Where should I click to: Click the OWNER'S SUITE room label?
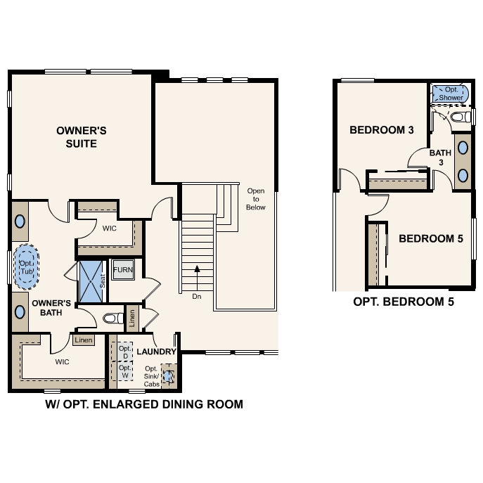coord(81,136)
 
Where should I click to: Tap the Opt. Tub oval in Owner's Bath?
coord(27,266)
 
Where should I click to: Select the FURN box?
coord(122,269)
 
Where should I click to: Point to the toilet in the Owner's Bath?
coord(112,318)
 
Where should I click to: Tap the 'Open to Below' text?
coord(256,198)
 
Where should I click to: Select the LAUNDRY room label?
coord(156,351)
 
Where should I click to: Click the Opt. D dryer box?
coord(124,352)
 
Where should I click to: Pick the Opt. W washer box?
coord(124,371)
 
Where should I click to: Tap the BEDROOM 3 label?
coord(381,130)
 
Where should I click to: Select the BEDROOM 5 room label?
coord(430,238)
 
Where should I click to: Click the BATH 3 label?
coord(440,157)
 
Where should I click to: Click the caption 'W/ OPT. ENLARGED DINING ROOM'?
coord(143,404)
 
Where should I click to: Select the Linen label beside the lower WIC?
coord(83,340)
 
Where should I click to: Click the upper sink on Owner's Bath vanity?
coord(20,220)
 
